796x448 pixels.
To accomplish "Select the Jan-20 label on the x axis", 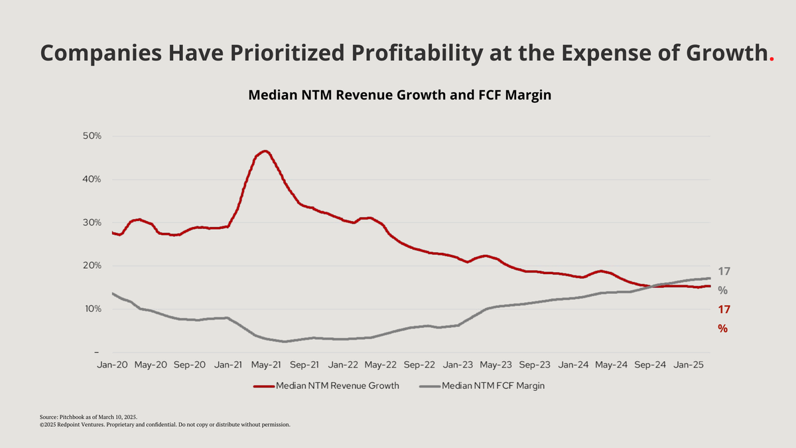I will click(x=112, y=364).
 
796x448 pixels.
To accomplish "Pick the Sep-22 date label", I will click(x=419, y=364).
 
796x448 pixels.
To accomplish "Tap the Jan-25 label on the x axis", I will click(x=689, y=364).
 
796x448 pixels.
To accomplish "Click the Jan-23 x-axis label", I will click(x=458, y=364).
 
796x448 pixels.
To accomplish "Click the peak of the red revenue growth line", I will click(x=265, y=151).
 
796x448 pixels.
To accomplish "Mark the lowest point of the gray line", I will click(x=285, y=342).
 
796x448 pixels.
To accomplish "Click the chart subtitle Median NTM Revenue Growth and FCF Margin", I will click(x=400, y=95).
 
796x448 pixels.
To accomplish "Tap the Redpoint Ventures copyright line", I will click(x=165, y=424).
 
